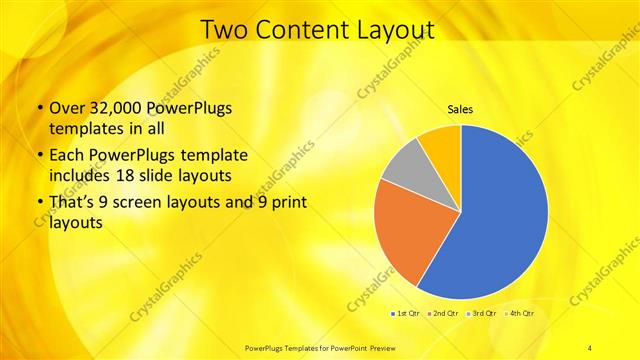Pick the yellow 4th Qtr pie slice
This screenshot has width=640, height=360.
(x=441, y=146)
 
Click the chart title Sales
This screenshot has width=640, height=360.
(x=460, y=109)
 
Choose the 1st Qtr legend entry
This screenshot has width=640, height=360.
(x=405, y=314)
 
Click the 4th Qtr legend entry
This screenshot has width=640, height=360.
(x=521, y=314)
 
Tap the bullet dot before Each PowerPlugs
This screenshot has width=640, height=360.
(x=39, y=157)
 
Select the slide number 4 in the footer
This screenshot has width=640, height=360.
(x=590, y=347)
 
